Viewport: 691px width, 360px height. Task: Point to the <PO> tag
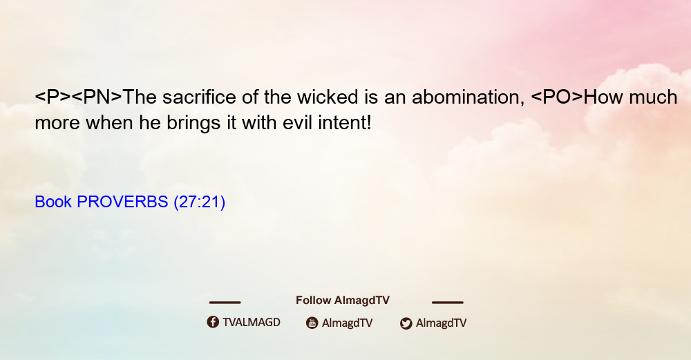557,97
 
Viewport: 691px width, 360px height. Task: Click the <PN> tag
97,97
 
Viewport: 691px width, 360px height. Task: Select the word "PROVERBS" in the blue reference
122,202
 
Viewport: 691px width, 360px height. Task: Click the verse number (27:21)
200,202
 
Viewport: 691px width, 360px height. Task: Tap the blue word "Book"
53,202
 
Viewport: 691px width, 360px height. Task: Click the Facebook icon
213,322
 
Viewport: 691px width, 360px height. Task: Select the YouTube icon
312,323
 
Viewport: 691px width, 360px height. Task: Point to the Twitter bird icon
406,323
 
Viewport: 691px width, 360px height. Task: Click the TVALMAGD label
252,323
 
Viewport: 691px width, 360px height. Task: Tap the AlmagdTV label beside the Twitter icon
441,323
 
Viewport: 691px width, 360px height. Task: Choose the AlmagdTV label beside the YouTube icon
348,323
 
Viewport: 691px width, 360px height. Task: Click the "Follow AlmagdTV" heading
343,301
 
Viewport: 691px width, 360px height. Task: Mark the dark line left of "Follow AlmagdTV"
225,302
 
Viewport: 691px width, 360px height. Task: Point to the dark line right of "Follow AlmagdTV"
448,302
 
